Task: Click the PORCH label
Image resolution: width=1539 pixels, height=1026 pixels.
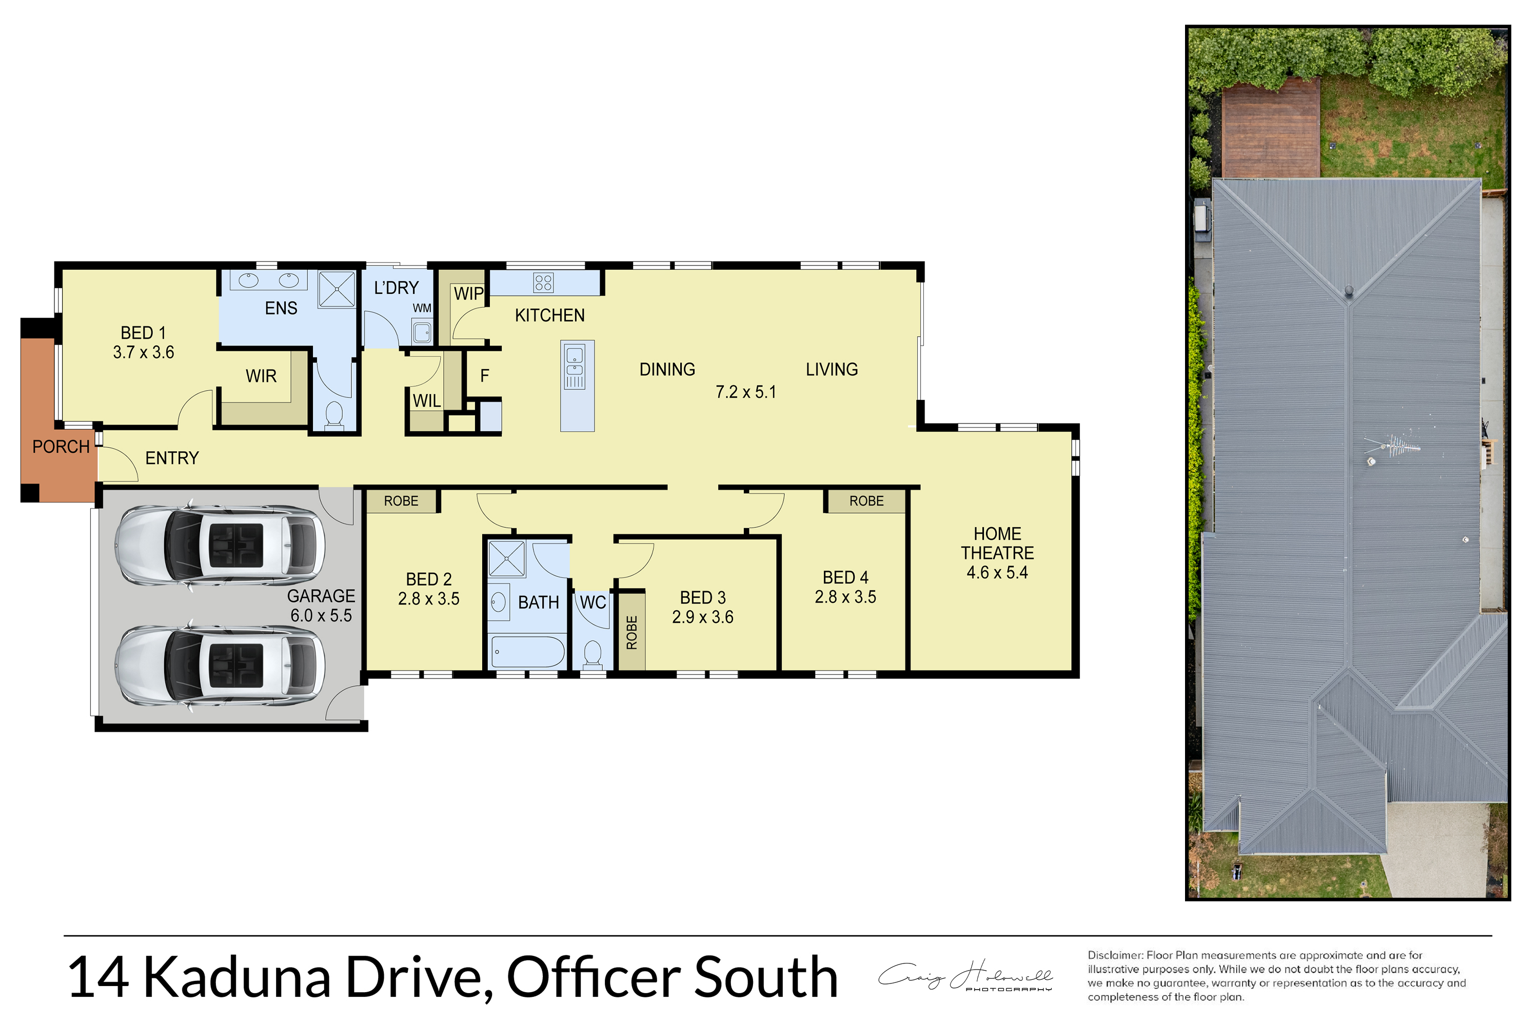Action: tap(61, 447)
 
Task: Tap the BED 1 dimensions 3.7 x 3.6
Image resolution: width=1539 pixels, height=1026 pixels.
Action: tap(143, 353)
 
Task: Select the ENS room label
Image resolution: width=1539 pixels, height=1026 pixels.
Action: tap(281, 308)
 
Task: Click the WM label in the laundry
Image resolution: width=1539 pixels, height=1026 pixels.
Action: tap(422, 308)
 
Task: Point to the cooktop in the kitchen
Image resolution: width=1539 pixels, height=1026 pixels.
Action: tap(543, 283)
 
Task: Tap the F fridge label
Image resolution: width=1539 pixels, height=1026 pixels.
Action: tap(484, 376)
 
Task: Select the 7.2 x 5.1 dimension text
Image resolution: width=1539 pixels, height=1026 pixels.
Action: tap(745, 392)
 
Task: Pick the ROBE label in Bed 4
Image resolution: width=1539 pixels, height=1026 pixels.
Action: tap(866, 501)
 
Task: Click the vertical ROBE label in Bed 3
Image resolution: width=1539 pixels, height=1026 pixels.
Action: tap(632, 633)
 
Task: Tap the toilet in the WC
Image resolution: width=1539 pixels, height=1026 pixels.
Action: tap(593, 654)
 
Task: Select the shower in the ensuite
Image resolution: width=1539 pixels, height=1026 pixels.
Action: tap(337, 289)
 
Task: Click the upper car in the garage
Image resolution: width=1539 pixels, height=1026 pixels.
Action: tap(220, 545)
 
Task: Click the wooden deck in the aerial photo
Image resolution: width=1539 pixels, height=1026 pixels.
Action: tap(1271, 128)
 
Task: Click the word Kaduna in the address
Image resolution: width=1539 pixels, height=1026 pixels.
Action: tap(236, 978)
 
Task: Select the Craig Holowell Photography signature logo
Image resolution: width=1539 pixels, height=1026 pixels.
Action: tap(965, 976)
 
